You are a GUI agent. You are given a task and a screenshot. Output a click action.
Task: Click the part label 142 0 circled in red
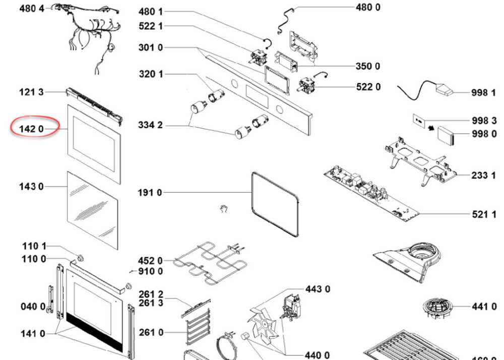coord(31,130)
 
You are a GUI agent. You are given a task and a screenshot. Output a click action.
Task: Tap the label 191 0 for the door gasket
coord(150,192)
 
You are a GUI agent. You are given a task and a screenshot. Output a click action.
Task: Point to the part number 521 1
coord(483,214)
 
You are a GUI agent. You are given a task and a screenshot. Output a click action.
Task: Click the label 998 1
coord(483,93)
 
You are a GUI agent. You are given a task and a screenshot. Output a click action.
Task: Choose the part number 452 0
coord(150,261)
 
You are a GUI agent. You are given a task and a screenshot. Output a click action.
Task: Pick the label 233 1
coord(483,175)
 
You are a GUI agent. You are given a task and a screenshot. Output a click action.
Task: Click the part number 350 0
coord(368,67)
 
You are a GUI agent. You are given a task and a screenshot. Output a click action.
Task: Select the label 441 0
coord(483,306)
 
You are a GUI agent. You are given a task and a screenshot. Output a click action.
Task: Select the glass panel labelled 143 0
coord(93,209)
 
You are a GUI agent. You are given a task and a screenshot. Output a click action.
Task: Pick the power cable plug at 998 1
coord(444,91)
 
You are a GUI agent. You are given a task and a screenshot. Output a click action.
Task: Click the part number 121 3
coord(31,92)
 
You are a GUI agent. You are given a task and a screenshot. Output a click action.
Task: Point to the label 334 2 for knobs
coord(150,125)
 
